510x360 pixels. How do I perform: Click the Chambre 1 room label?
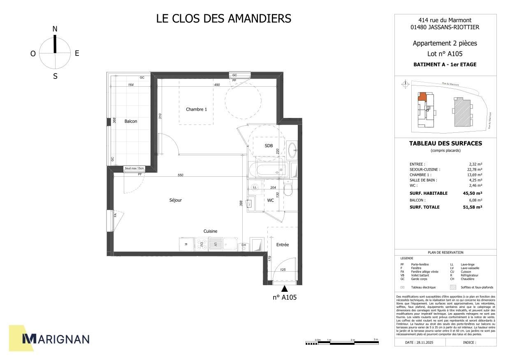coord(197,109)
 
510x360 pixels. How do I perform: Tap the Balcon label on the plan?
coord(131,121)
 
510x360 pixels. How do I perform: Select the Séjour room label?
coord(175,200)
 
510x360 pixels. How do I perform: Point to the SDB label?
coord(269,145)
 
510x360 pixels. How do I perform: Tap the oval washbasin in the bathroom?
coord(292,150)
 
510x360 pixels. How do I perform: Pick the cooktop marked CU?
coord(202,244)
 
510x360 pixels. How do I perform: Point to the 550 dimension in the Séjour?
coord(180,175)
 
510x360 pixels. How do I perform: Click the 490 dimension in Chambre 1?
coord(217,85)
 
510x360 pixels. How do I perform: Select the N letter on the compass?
coord(55,29)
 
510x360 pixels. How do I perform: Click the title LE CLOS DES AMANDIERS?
coord(223,18)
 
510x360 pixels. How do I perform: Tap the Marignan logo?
coord(55,339)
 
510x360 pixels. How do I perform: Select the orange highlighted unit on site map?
coord(422,97)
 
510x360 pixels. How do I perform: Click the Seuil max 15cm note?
coord(134,168)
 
